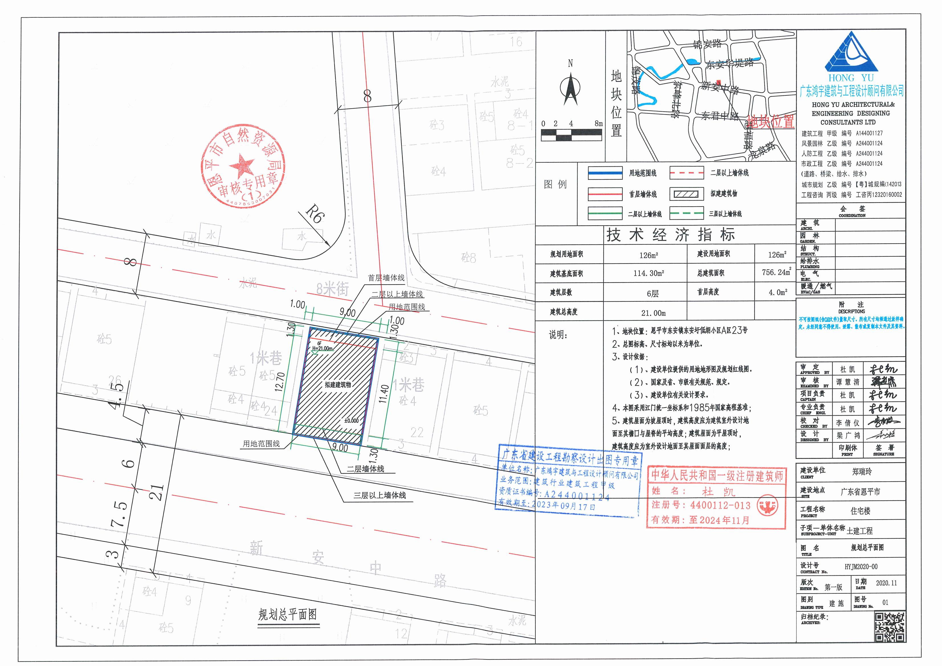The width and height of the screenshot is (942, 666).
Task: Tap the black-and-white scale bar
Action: tap(572, 135)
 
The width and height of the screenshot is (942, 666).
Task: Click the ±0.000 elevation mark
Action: tap(351, 420)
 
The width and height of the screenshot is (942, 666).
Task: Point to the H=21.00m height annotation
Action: tap(322, 349)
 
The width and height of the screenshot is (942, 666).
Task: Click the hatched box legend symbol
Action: tap(684, 194)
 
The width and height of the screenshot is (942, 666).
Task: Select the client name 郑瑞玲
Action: tap(862, 472)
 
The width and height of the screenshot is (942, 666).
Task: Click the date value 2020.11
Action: tap(886, 583)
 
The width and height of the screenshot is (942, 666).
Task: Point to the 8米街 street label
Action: tap(332, 289)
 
